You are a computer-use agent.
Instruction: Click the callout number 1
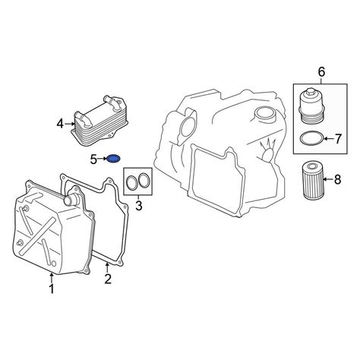pyautogui.click(x=52, y=289)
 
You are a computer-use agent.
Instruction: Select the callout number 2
pyautogui.click(x=108, y=279)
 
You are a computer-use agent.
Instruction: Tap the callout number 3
pyautogui.click(x=139, y=206)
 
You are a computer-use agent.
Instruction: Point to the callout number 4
pyautogui.click(x=60, y=124)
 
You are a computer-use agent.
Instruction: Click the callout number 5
pyautogui.click(x=93, y=159)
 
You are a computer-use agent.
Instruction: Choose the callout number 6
pyautogui.click(x=321, y=72)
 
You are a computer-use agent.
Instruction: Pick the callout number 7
pyautogui.click(x=338, y=139)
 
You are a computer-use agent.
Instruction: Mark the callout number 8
pyautogui.click(x=338, y=179)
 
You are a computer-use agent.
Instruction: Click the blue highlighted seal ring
pyautogui.click(x=113, y=159)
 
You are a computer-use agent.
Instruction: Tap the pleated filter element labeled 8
pyautogui.click(x=314, y=181)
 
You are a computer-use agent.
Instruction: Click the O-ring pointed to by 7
pyautogui.click(x=311, y=138)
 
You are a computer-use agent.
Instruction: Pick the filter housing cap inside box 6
pyautogui.click(x=312, y=106)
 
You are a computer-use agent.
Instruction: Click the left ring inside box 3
pyautogui.click(x=131, y=182)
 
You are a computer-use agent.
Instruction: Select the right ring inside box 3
pyautogui.click(x=144, y=180)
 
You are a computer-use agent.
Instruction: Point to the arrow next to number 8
pyautogui.click(x=328, y=179)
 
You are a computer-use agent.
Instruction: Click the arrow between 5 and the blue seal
pyautogui.click(x=103, y=159)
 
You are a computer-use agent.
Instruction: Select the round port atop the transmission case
pyautogui.click(x=264, y=115)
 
